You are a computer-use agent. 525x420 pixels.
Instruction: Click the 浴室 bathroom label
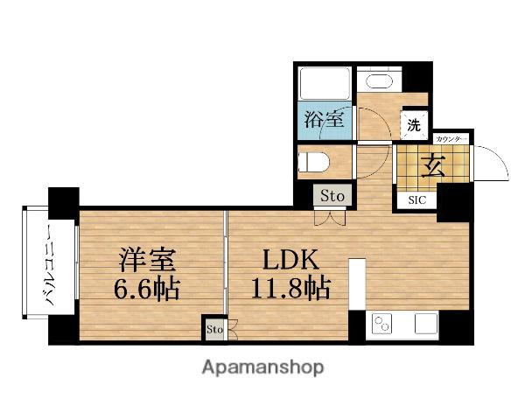(324, 120)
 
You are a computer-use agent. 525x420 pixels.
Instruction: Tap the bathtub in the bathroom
(325, 83)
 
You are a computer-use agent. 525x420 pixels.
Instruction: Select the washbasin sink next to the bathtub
(379, 81)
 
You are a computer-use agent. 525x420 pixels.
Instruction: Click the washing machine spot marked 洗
(414, 125)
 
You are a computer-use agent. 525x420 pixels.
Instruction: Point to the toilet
(314, 161)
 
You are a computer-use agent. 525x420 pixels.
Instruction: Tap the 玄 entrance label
(433, 167)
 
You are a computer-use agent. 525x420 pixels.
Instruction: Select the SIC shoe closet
(417, 200)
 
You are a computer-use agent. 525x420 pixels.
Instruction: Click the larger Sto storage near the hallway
(332, 196)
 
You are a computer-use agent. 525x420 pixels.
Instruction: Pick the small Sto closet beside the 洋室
(214, 329)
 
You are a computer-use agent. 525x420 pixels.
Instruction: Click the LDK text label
(290, 261)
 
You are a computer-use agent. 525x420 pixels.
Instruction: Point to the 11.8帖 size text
(290, 288)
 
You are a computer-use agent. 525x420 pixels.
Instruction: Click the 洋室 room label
(147, 260)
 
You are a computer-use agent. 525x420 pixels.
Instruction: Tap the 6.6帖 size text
(147, 289)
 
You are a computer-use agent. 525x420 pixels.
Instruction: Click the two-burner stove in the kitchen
(382, 324)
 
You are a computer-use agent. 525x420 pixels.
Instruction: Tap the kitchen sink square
(426, 324)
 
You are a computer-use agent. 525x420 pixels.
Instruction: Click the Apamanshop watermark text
(262, 367)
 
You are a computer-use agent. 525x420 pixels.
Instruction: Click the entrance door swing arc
(500, 157)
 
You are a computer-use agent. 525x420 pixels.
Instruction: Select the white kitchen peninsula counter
(357, 284)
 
